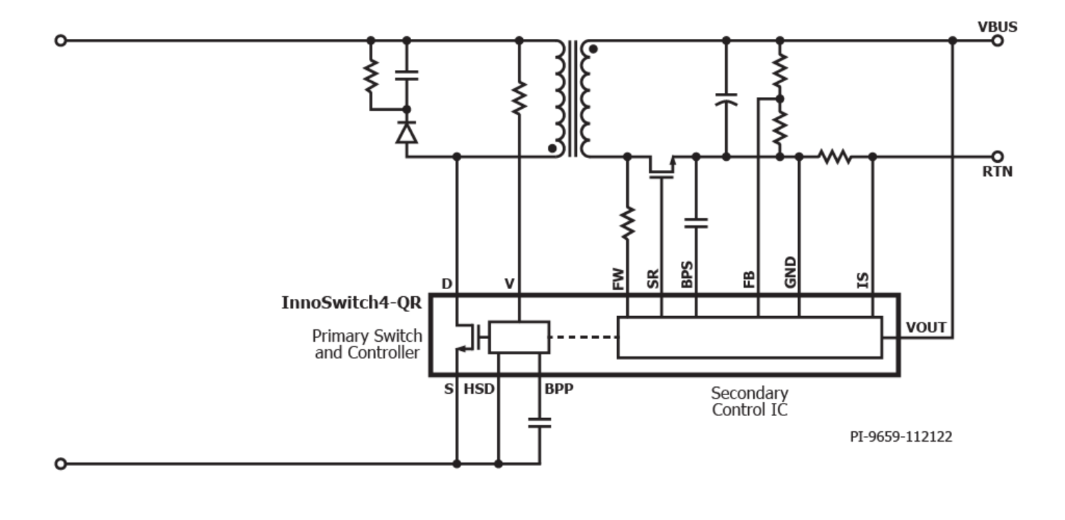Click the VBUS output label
click(997, 28)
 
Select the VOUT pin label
click(926, 327)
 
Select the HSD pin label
click(480, 389)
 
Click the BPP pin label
click(558, 389)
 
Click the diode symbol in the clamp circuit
click(406, 132)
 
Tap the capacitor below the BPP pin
click(539, 423)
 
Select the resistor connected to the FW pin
click(627, 221)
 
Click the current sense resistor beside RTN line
click(835, 157)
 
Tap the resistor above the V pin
click(519, 98)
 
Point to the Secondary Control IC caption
click(749, 401)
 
